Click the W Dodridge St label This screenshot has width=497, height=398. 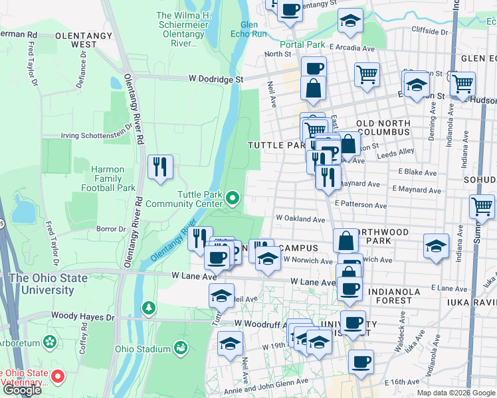coord(216,79)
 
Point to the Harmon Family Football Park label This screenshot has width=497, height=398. coord(108,178)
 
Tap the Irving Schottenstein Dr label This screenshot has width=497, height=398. coord(97,135)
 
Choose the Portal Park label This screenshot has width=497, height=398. coord(302,45)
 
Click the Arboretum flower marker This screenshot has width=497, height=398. coord(49,342)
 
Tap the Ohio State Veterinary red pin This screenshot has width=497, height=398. coord(58,377)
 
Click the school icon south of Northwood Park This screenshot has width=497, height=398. coord(435,246)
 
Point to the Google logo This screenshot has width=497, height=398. coord(22,390)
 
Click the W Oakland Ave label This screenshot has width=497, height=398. coord(300,218)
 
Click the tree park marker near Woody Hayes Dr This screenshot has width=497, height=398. coord(149,308)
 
